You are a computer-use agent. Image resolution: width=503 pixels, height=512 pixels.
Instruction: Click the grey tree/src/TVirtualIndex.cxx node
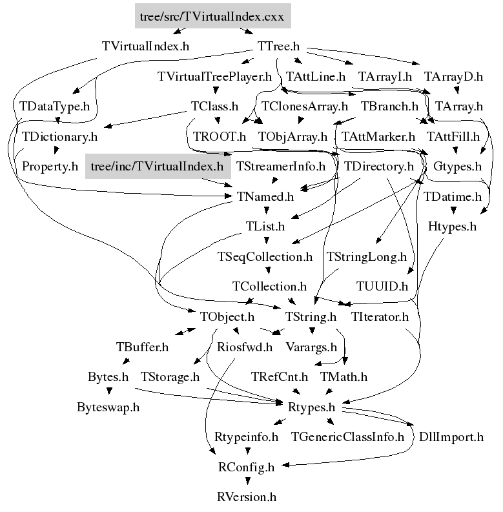click(x=212, y=16)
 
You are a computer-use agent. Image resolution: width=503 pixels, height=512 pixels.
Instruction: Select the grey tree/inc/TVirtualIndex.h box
click(x=158, y=166)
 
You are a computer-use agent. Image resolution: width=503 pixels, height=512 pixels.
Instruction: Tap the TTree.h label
click(x=278, y=46)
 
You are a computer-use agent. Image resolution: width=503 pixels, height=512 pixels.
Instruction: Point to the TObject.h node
click(x=227, y=317)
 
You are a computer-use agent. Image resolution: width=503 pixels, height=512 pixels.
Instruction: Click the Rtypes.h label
click(x=311, y=407)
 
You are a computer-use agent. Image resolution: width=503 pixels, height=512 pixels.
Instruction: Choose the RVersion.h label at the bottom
click(x=247, y=497)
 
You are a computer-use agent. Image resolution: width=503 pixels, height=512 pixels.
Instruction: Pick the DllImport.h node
click(x=451, y=437)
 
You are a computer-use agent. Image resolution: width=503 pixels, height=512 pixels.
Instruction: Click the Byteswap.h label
click(x=108, y=407)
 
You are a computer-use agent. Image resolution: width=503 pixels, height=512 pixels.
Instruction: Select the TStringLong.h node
click(x=367, y=257)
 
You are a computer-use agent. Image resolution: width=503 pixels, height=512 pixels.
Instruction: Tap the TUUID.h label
click(x=382, y=287)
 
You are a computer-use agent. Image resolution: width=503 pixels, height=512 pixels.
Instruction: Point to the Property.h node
click(x=50, y=167)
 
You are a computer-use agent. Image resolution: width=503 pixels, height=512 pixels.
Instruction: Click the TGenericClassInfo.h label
click(x=347, y=437)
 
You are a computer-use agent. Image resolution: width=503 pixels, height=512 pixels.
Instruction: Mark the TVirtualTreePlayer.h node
click(x=214, y=77)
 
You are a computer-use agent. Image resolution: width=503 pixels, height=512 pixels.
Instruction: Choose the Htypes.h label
click(x=453, y=227)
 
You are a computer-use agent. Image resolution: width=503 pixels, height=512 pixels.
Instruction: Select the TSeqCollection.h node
click(x=265, y=257)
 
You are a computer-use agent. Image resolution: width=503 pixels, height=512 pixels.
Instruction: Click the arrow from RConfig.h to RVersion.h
click(x=247, y=480)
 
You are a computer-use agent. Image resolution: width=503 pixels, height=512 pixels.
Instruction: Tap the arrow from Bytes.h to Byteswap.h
click(x=109, y=390)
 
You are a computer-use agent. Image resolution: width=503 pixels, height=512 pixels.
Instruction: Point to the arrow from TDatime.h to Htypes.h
click(x=453, y=210)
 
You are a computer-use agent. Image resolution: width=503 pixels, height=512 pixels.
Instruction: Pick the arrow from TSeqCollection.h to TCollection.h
click(x=268, y=271)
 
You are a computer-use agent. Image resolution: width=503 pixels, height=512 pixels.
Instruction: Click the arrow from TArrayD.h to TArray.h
click(x=457, y=90)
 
